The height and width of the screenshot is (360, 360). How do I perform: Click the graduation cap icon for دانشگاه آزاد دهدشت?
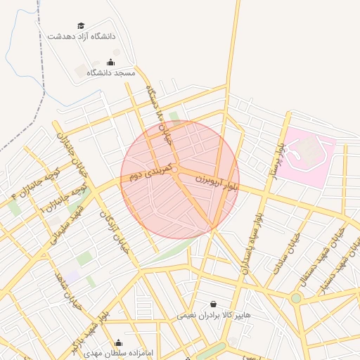pos(81,25)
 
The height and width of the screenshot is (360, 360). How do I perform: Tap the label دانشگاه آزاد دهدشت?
pos(82,35)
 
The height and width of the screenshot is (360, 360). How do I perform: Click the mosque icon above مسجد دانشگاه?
pos(110,63)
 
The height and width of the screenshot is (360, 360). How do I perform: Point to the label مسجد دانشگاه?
pos(110,72)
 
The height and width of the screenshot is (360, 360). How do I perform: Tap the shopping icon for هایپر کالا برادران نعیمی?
pos(214,304)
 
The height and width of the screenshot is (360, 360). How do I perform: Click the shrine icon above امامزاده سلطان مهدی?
pos(118,343)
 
